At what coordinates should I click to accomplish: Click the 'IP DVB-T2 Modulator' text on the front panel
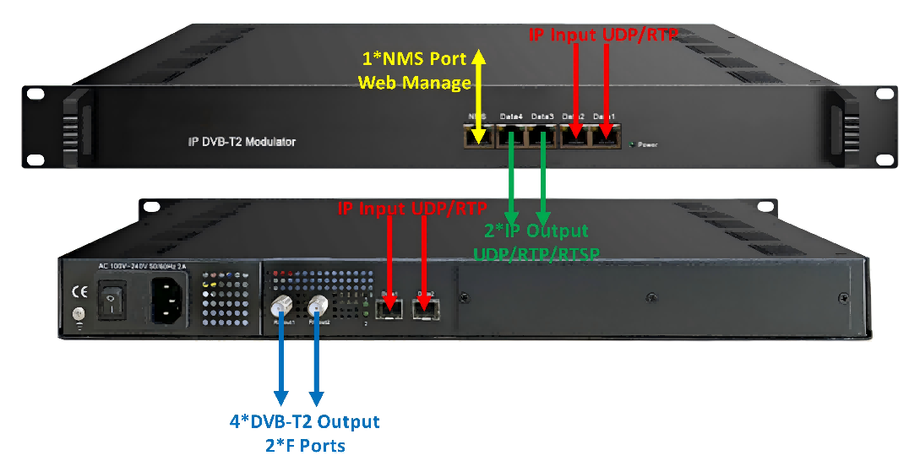coord(242,143)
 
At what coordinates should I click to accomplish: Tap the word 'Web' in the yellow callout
coord(378,83)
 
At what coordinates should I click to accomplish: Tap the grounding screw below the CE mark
coord(79,315)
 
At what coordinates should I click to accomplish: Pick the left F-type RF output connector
coord(280,307)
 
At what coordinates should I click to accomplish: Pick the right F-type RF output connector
coord(318,307)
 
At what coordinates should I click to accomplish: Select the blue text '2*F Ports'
coord(305,445)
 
